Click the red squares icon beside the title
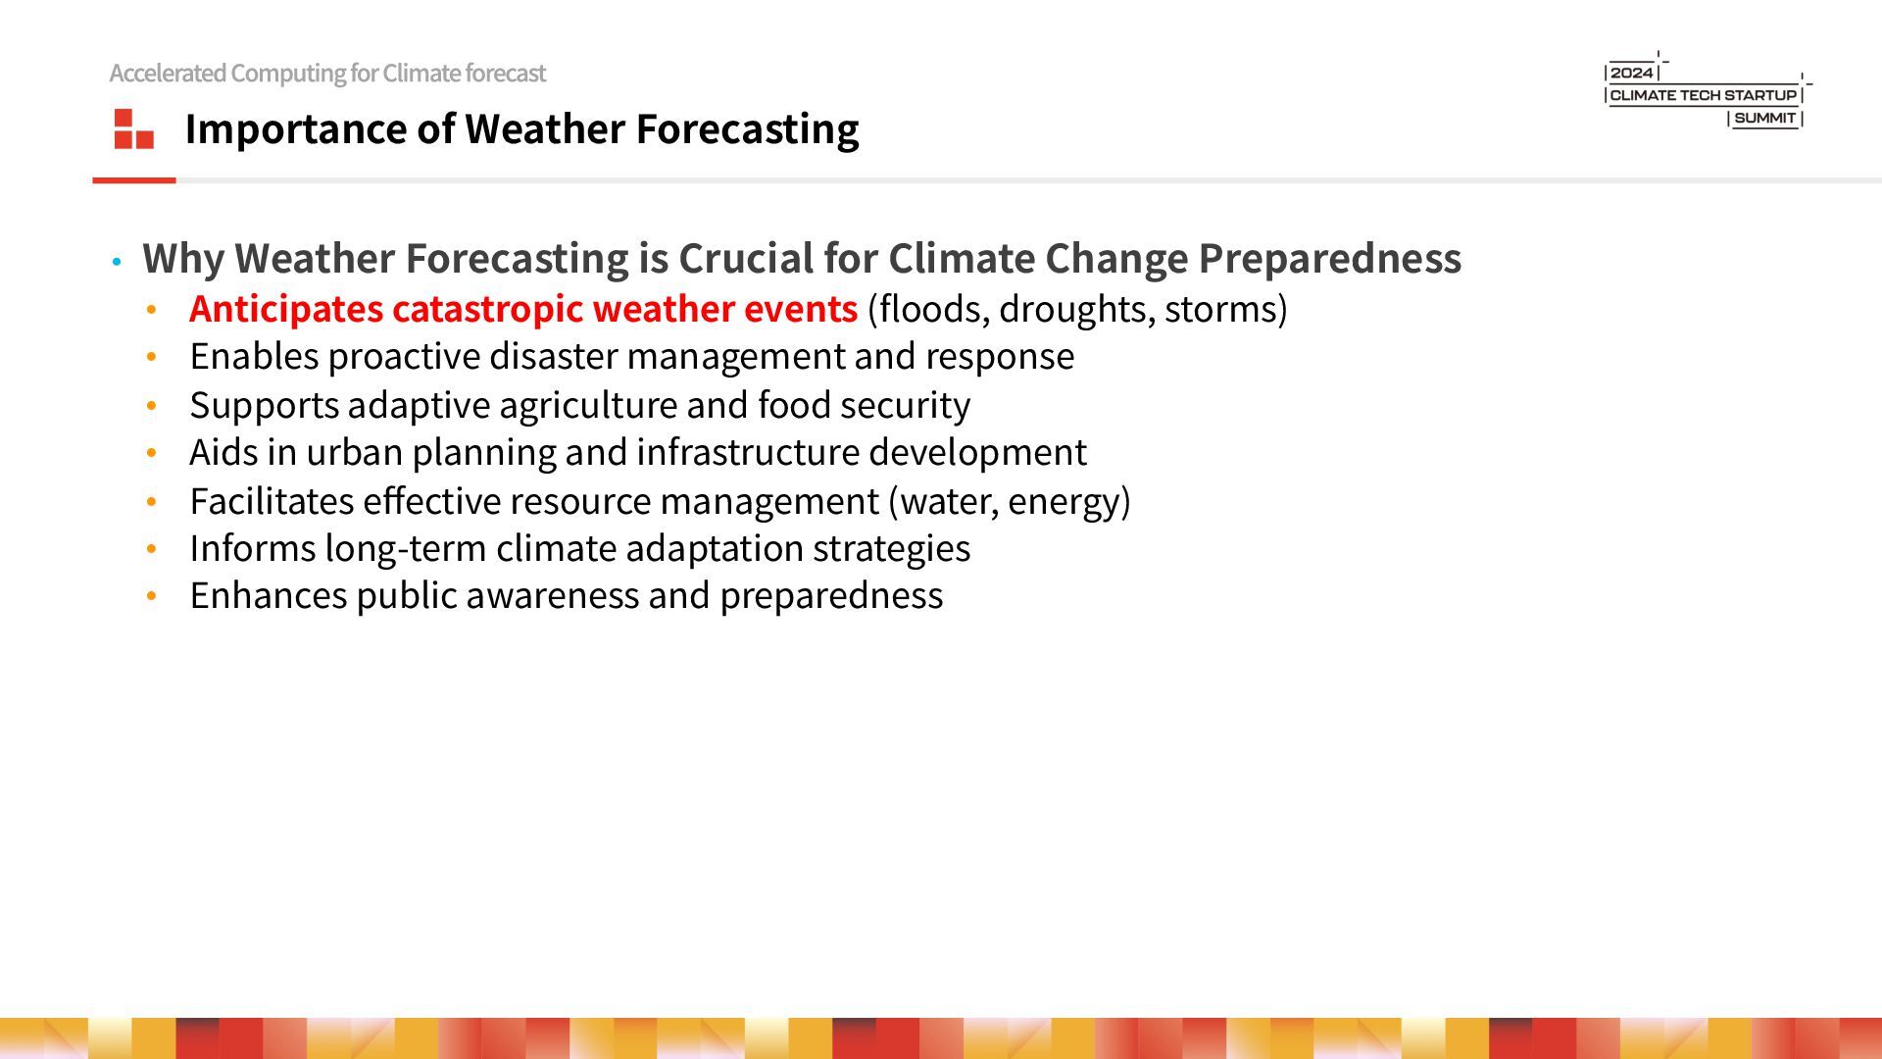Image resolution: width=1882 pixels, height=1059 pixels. tap(134, 128)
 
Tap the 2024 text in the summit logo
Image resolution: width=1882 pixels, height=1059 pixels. tap(1632, 73)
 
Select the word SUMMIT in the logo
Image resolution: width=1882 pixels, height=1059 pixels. tap(1765, 118)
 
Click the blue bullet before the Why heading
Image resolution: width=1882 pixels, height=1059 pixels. tap(117, 262)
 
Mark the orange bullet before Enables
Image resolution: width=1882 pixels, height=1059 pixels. tap(152, 358)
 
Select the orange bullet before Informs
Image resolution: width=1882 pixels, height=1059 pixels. tap(152, 549)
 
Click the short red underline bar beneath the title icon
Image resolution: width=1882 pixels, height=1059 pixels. tap(134, 180)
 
